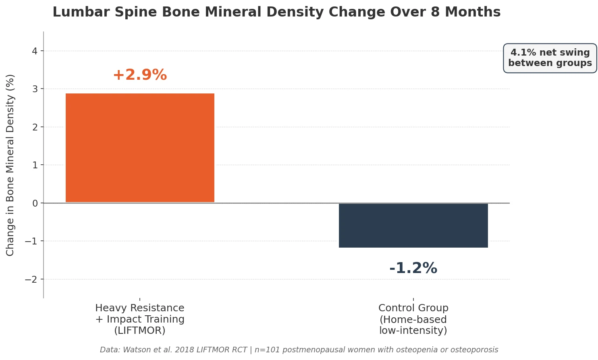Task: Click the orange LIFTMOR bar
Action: [140, 148]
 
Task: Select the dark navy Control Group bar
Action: [413, 226]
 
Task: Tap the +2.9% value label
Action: [140, 75]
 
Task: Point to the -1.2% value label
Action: [413, 268]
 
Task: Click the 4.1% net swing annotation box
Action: [550, 58]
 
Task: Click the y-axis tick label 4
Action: [35, 51]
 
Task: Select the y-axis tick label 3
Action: [35, 89]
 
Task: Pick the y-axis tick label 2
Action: [35, 127]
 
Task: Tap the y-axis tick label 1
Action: [35, 165]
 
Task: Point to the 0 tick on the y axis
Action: [35, 203]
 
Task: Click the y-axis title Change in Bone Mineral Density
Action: [10, 165]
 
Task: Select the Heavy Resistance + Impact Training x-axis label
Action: [140, 319]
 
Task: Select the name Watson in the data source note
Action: [135, 350]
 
